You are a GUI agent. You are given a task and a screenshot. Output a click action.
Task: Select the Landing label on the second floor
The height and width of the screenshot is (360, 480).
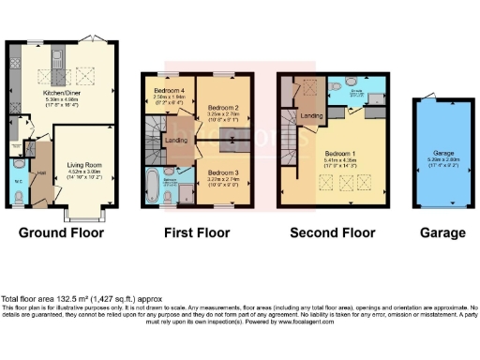(x=312, y=115)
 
